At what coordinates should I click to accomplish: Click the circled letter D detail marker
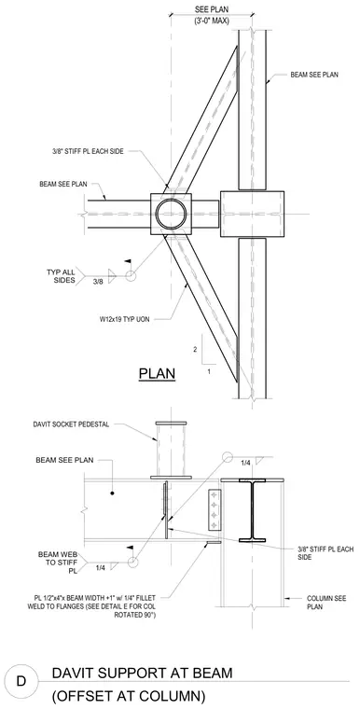[x=21, y=680]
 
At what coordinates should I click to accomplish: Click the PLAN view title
[x=157, y=374]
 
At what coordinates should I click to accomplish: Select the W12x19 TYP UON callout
[x=124, y=319]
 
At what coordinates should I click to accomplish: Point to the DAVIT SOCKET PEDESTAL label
[x=71, y=424]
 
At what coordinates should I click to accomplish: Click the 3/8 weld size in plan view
[x=98, y=281]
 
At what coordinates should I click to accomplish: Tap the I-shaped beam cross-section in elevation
[x=253, y=509]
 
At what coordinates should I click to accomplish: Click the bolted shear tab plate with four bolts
[x=215, y=509]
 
